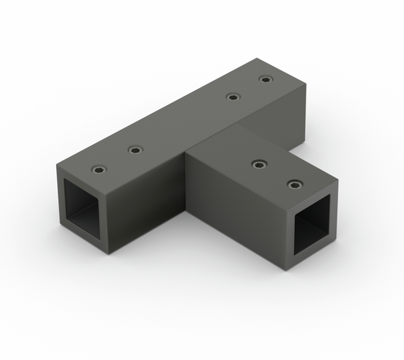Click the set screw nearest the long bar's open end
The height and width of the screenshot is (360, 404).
(x=99, y=169)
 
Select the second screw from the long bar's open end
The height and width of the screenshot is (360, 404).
(x=135, y=149)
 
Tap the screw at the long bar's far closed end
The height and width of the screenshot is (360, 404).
(x=266, y=79)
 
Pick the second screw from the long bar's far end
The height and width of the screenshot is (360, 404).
(x=232, y=96)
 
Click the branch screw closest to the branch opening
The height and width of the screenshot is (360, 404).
(x=294, y=184)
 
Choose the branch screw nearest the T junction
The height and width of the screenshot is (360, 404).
(x=259, y=164)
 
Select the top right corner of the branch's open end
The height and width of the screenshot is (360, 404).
(x=337, y=180)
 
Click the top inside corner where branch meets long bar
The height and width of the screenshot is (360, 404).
(x=238, y=125)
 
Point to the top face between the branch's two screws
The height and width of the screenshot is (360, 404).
(x=276, y=174)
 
